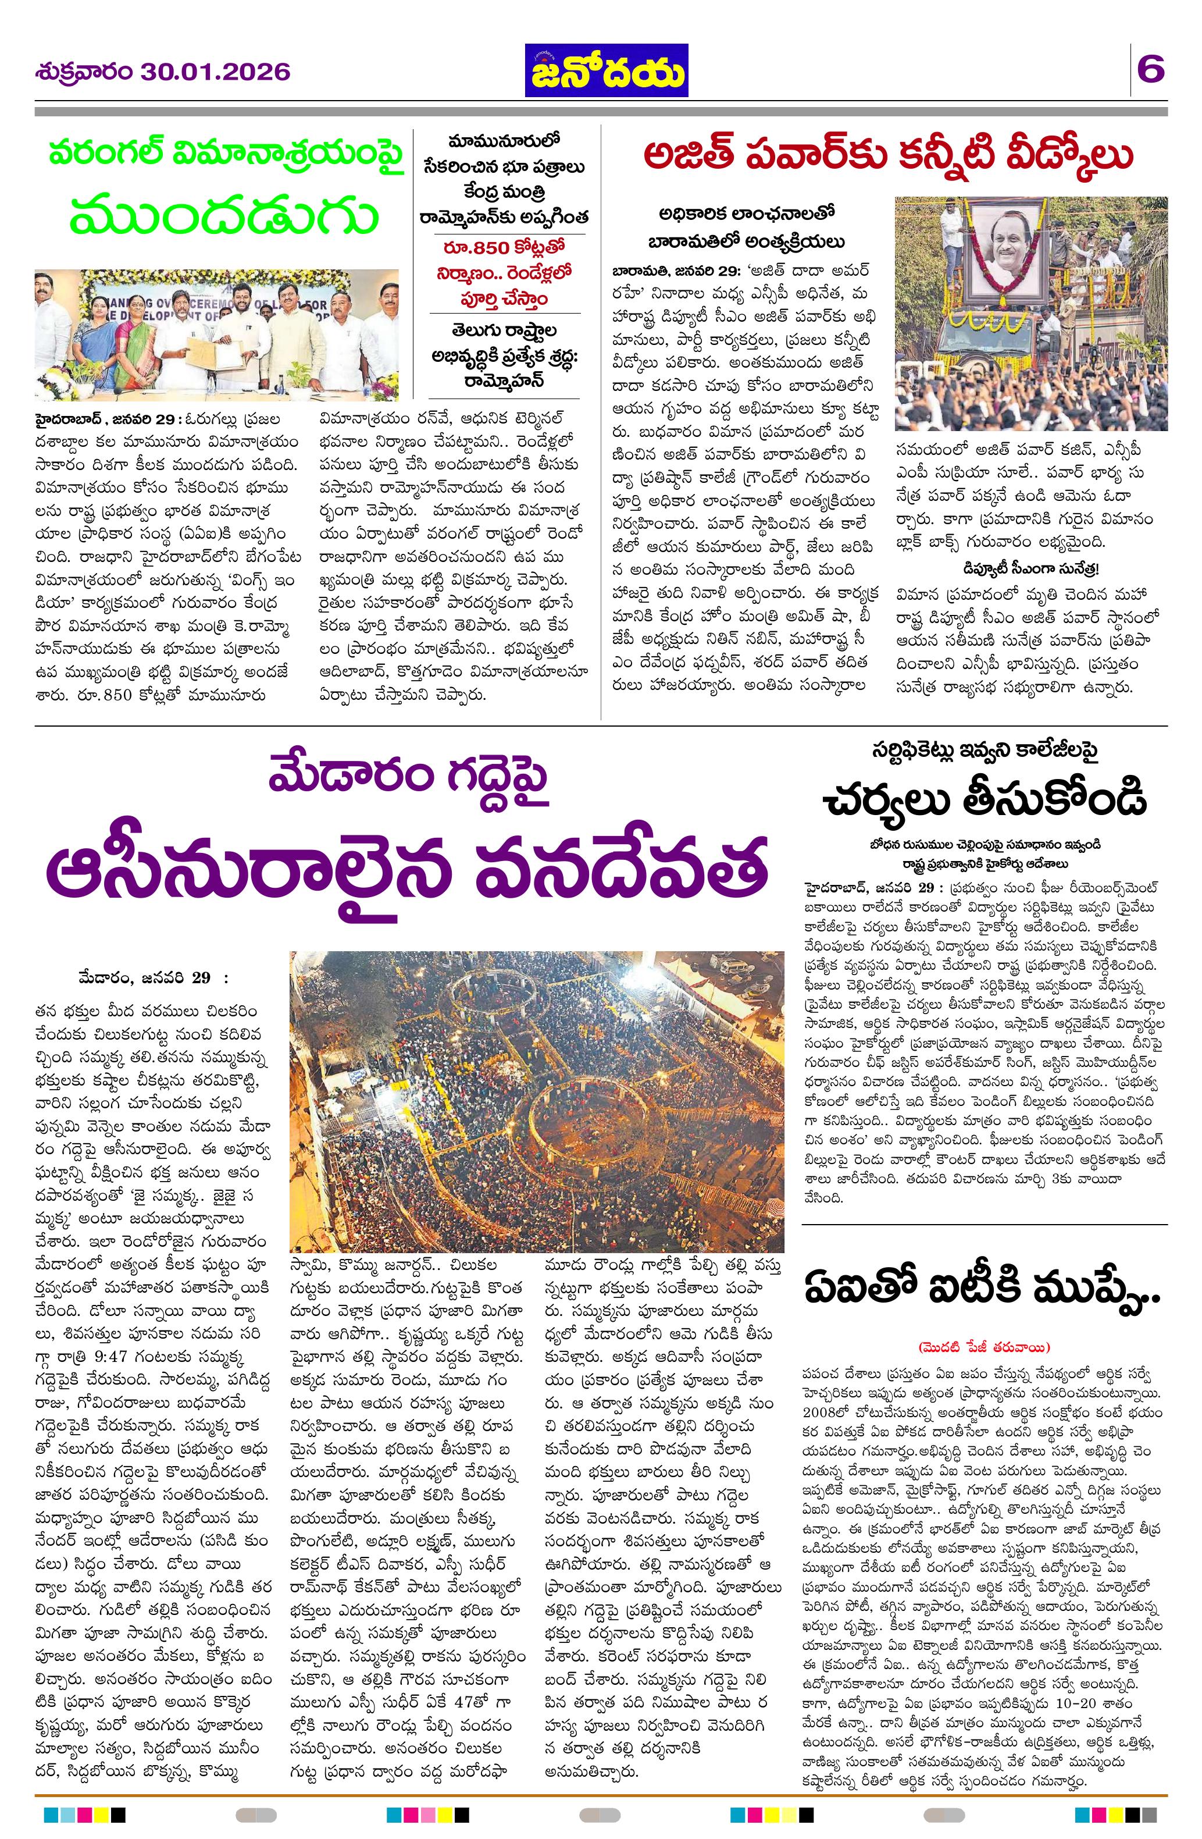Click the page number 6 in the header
(1150, 72)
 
